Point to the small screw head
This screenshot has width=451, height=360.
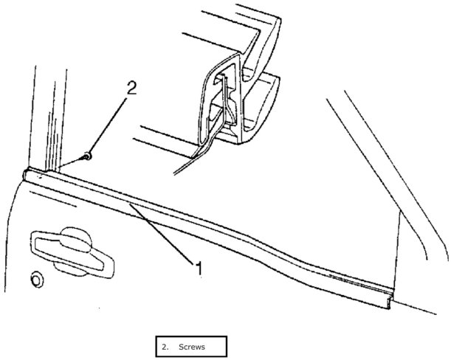tap(88, 156)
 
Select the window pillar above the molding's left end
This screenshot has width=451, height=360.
tap(44, 118)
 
